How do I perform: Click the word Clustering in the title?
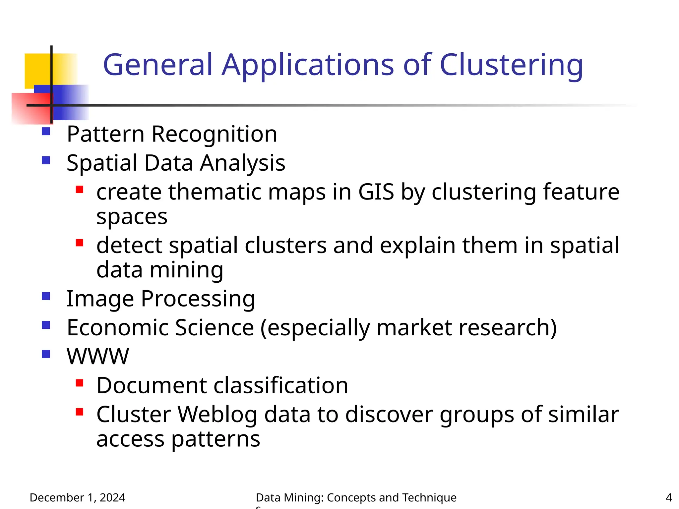tap(511, 65)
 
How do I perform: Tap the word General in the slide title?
tap(157, 65)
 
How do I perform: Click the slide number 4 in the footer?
tap(669, 497)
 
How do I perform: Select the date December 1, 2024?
tap(77, 497)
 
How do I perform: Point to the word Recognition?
tap(214, 134)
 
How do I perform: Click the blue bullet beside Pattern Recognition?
tap(46, 132)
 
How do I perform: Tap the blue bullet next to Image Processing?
tap(46, 296)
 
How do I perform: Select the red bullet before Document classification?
tap(79, 383)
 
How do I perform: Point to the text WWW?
tap(98, 357)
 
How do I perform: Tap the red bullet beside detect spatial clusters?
tap(79, 243)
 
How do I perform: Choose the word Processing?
tap(198, 299)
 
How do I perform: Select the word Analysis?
tap(242, 163)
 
